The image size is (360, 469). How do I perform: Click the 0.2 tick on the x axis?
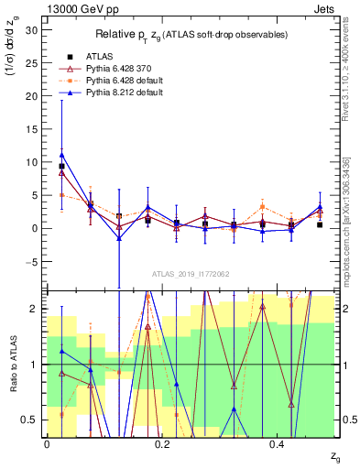(x=162, y=444)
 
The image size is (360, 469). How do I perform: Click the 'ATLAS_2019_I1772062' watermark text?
(x=191, y=274)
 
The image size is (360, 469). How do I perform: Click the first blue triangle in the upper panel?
(x=61, y=155)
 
